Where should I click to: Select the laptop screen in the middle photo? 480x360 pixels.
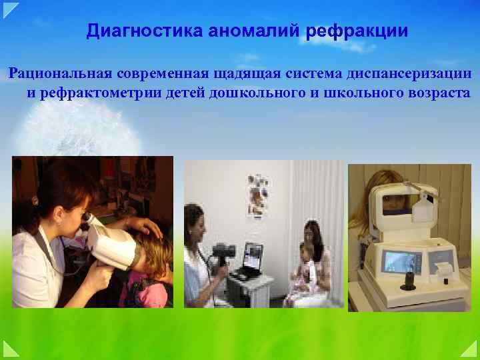252,254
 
